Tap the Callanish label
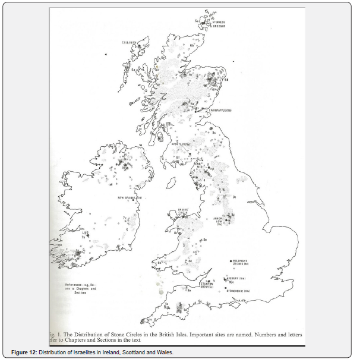(x=129, y=43)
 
